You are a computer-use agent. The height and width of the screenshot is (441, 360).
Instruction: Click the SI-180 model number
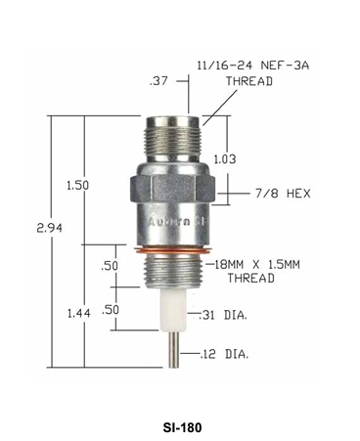click(179, 426)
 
